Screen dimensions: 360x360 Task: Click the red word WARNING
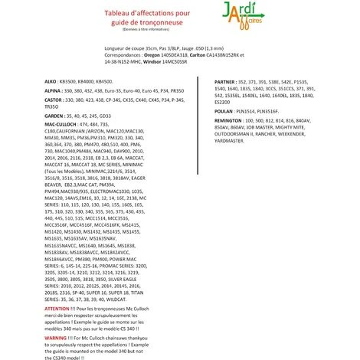tap(57, 336)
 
